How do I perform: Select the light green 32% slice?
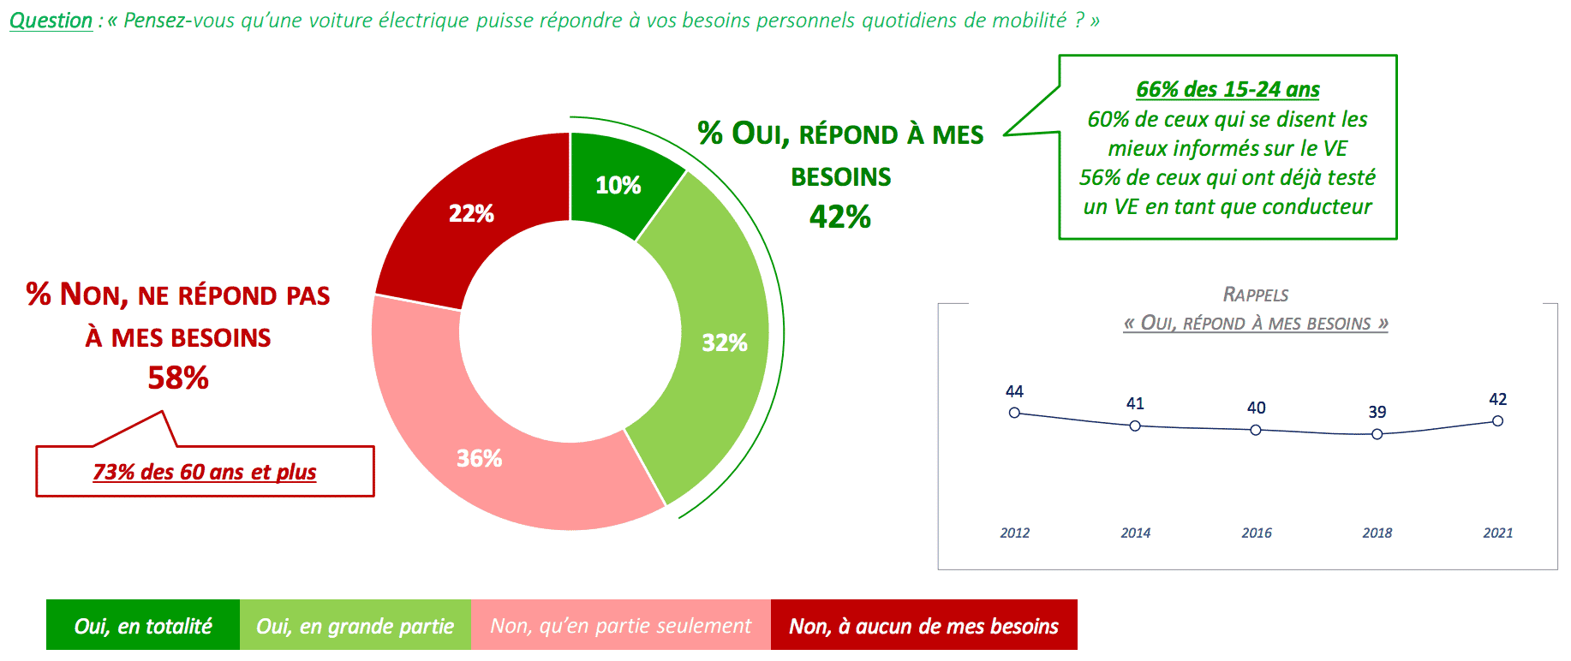pyautogui.click(x=724, y=342)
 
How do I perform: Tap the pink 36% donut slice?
pyautogui.click(x=480, y=458)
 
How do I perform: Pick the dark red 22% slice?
pyautogui.click(x=471, y=213)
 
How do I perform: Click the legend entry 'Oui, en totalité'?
pyautogui.click(x=143, y=626)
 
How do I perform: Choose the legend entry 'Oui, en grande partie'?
pyautogui.click(x=355, y=626)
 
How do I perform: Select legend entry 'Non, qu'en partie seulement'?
pyautogui.click(x=621, y=626)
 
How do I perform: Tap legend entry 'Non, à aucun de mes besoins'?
pyautogui.click(x=924, y=626)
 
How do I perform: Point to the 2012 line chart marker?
pyautogui.click(x=1014, y=413)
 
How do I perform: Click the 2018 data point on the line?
pyautogui.click(x=1377, y=434)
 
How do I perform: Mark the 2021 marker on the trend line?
pyautogui.click(x=1497, y=420)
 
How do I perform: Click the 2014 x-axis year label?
pyautogui.click(x=1136, y=533)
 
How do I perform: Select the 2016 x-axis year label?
pyautogui.click(x=1257, y=533)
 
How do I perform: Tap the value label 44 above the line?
pyautogui.click(x=1014, y=391)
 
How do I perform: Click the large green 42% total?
pyautogui.click(x=840, y=217)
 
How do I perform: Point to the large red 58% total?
pyautogui.click(x=178, y=378)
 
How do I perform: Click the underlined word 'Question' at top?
pyautogui.click(x=51, y=21)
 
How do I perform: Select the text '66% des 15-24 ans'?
pyautogui.click(x=1228, y=89)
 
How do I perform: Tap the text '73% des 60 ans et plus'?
pyautogui.click(x=205, y=472)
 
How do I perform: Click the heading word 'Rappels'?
pyautogui.click(x=1256, y=295)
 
